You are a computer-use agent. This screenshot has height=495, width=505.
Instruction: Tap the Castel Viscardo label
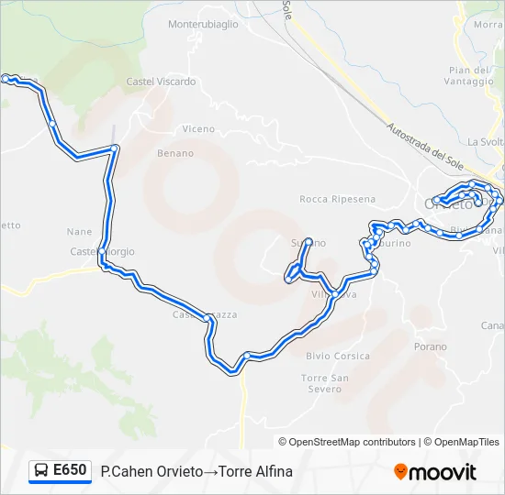pyautogui.click(x=161, y=82)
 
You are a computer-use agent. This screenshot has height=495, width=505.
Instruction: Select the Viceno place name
pyautogui.click(x=198, y=128)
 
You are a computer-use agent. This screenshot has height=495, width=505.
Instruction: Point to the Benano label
pyautogui.click(x=175, y=153)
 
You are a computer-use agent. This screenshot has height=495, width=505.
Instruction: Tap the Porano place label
pyautogui.click(x=431, y=346)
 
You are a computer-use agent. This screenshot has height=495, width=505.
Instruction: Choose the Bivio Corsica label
pyautogui.click(x=338, y=356)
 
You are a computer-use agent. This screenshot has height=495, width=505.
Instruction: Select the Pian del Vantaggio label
pyautogui.click(x=471, y=75)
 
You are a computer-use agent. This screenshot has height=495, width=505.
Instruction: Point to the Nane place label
pyautogui.click(x=80, y=232)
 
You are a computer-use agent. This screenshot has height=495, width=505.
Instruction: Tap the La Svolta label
pyautogui.click(x=485, y=141)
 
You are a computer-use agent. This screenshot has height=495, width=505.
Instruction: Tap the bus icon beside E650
pyautogui.click(x=41, y=471)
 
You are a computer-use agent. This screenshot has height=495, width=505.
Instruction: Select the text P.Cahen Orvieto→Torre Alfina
pyautogui.click(x=196, y=472)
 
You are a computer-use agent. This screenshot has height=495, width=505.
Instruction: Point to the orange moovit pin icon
pyautogui.click(x=400, y=472)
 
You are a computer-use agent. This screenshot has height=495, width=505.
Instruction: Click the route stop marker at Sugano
pyautogui.click(x=309, y=242)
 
